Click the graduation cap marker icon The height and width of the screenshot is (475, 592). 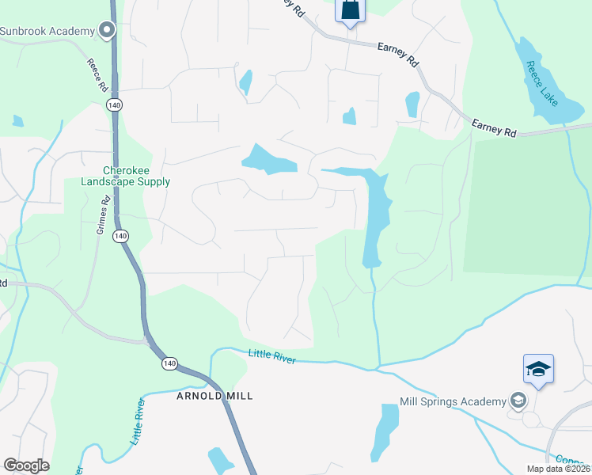pos(538,370)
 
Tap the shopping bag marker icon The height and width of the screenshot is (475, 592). pos(350,11)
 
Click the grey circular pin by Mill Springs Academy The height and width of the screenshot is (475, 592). pos(518,400)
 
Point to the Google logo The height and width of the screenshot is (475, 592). pos(26,465)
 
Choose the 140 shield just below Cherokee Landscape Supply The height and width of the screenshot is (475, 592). pos(120,236)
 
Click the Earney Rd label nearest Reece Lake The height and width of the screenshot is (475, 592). pos(494,128)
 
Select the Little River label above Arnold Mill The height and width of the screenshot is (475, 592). pos(272,357)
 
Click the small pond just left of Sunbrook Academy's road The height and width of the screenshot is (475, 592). pos(18,121)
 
